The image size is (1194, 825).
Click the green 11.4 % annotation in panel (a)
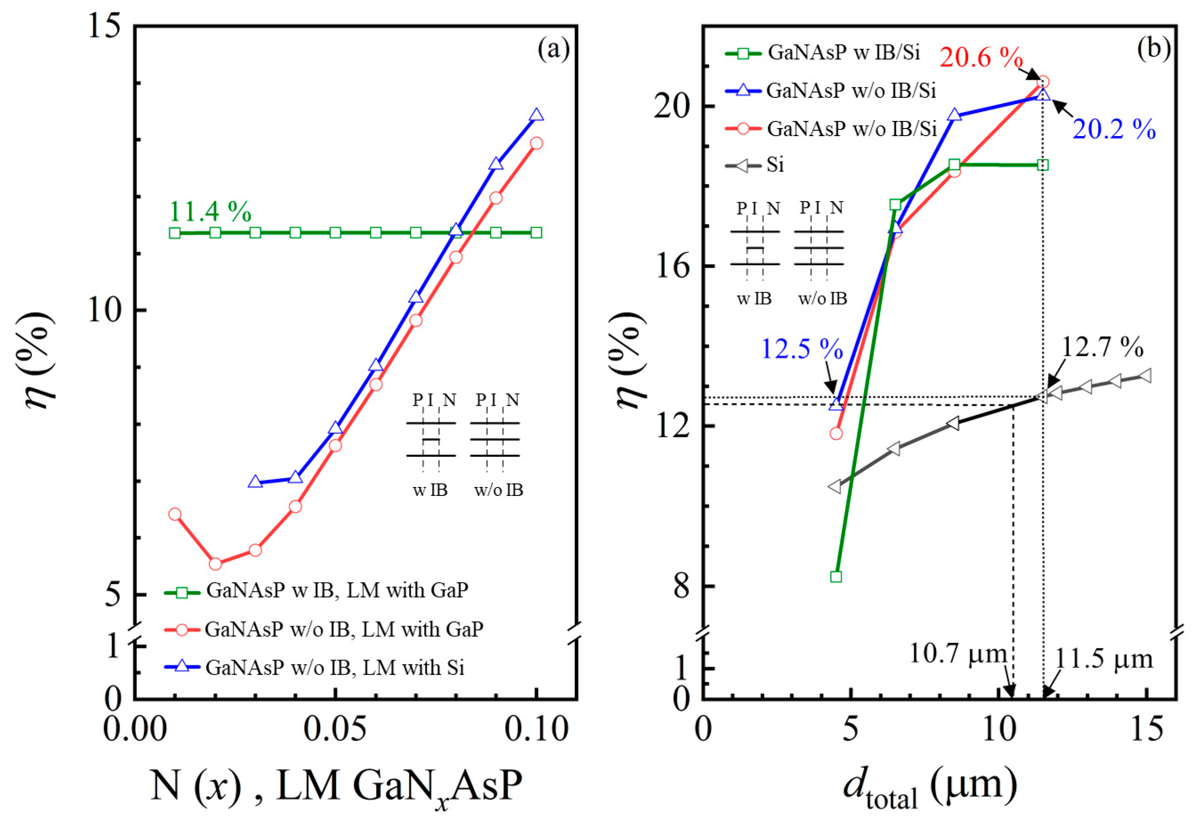pyautogui.click(x=210, y=211)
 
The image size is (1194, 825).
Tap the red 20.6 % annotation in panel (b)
pyautogui.click(x=981, y=57)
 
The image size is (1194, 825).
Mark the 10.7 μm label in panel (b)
pyautogui.click(x=958, y=654)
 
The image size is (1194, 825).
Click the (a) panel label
pyautogui.click(x=553, y=50)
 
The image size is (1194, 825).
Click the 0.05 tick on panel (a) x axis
pyautogui.click(x=335, y=730)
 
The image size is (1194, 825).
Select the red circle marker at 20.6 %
pyautogui.click(x=1043, y=82)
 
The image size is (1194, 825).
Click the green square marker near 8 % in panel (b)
pyautogui.click(x=836, y=576)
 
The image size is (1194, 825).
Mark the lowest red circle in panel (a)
pyautogui.click(x=215, y=563)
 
